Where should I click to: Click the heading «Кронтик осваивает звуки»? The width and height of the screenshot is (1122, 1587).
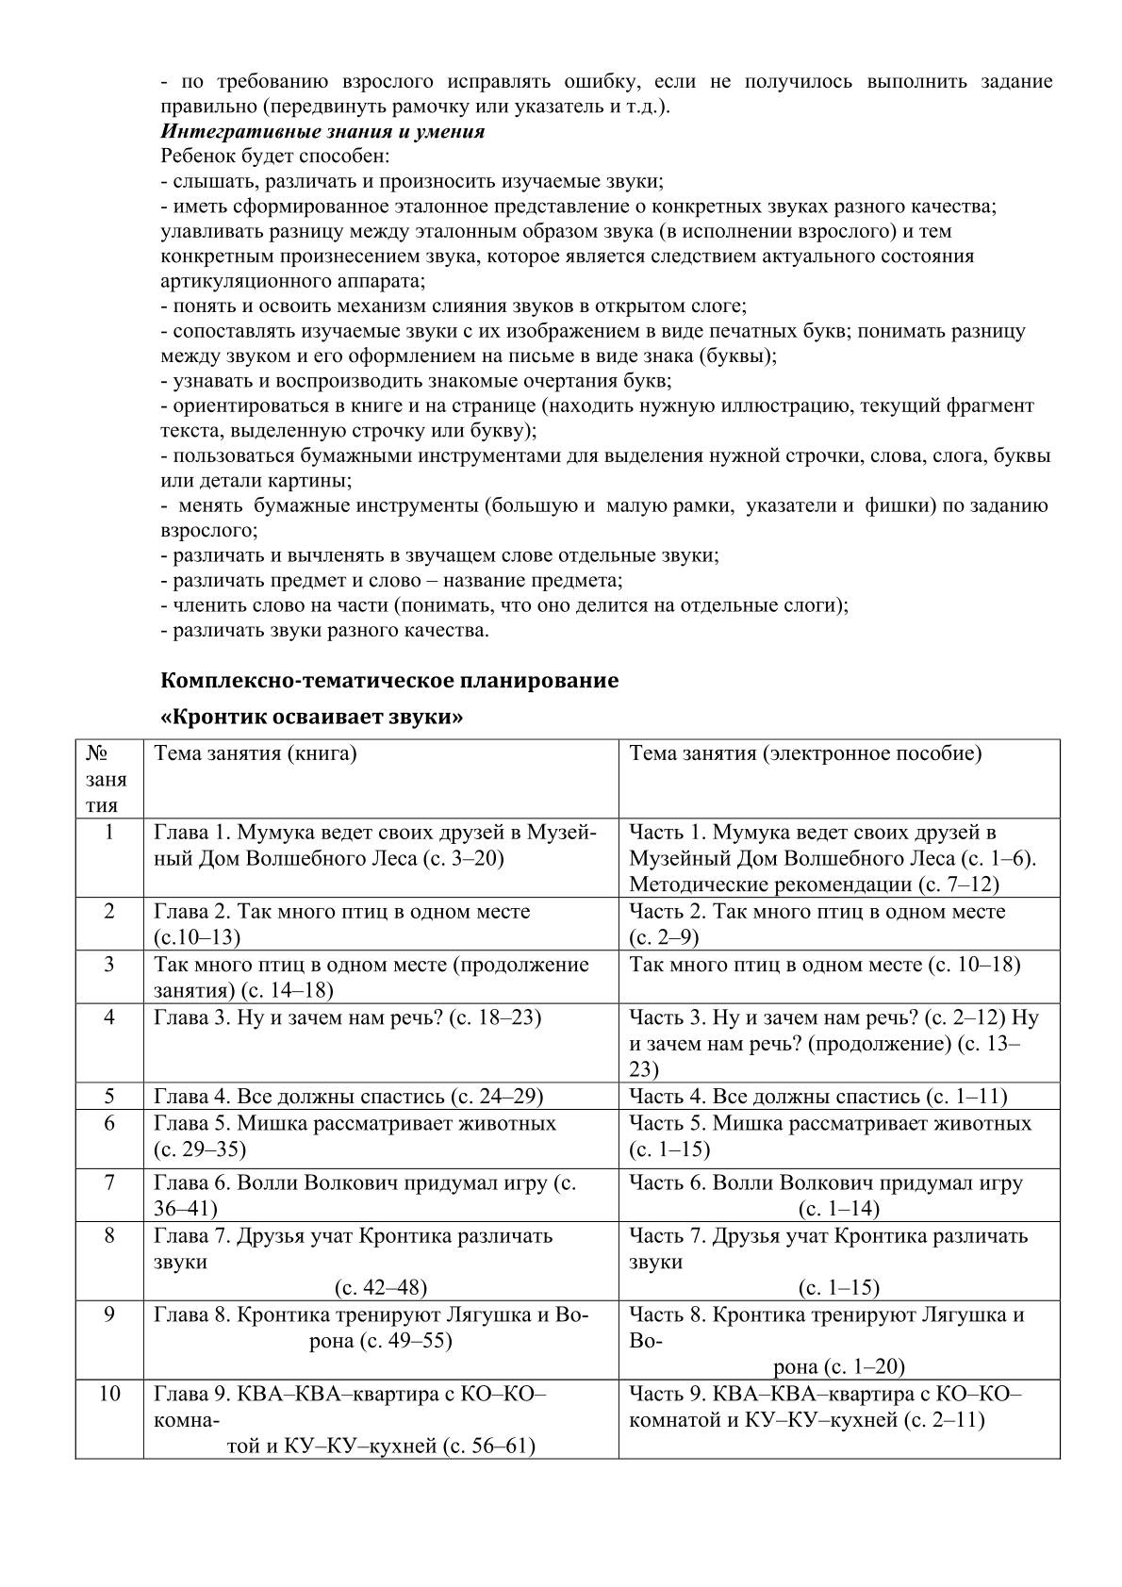[312, 717]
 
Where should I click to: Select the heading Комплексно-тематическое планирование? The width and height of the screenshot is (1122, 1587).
[389, 680]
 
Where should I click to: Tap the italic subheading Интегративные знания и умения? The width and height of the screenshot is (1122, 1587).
[322, 131]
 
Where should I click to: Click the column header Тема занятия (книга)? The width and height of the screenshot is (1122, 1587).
[256, 753]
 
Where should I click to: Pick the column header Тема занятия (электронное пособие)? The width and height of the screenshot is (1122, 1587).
[805, 753]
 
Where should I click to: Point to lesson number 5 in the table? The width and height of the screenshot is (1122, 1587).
[109, 1096]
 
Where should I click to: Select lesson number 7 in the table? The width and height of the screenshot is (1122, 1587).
[109, 1182]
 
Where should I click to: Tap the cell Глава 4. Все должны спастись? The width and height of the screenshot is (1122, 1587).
[348, 1096]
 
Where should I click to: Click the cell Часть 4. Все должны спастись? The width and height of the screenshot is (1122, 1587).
[817, 1096]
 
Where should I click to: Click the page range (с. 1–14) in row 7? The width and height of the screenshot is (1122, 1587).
[839, 1209]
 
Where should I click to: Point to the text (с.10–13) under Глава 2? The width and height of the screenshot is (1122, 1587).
[197, 937]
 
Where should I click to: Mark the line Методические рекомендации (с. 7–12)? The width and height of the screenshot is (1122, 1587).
[814, 884]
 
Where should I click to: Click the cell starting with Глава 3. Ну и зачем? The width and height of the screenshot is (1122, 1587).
[347, 1018]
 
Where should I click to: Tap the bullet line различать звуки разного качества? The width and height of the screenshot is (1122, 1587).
[325, 630]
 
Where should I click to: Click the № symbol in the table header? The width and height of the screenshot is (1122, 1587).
[96, 753]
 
